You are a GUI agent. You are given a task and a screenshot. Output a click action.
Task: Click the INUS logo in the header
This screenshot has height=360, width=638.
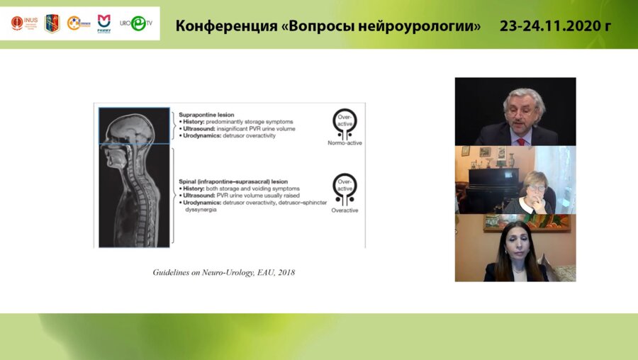pyautogui.click(x=26, y=23)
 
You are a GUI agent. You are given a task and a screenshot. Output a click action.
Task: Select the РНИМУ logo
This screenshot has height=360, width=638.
pyautogui.click(x=104, y=23)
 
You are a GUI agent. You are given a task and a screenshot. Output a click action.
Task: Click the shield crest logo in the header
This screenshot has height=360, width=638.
pyautogui.click(x=52, y=23)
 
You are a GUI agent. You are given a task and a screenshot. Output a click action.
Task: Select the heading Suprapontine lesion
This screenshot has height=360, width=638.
pyautogui.click(x=207, y=114)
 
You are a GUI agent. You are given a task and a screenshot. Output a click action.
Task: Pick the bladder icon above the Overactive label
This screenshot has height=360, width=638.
pyautogui.click(x=345, y=189)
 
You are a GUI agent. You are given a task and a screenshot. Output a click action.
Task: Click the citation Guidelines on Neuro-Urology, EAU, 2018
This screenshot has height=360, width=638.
pyautogui.click(x=223, y=272)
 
